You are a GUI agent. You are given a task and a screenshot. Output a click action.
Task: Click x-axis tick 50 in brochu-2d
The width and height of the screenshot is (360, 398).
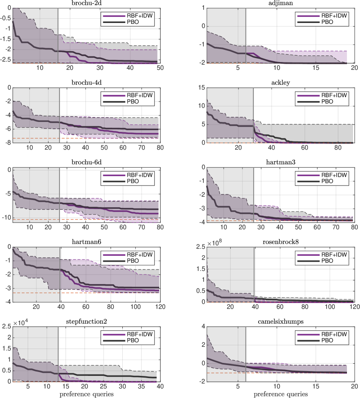pos(160,68)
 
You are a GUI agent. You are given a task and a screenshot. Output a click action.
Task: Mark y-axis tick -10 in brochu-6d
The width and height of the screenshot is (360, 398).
pos(7,218)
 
